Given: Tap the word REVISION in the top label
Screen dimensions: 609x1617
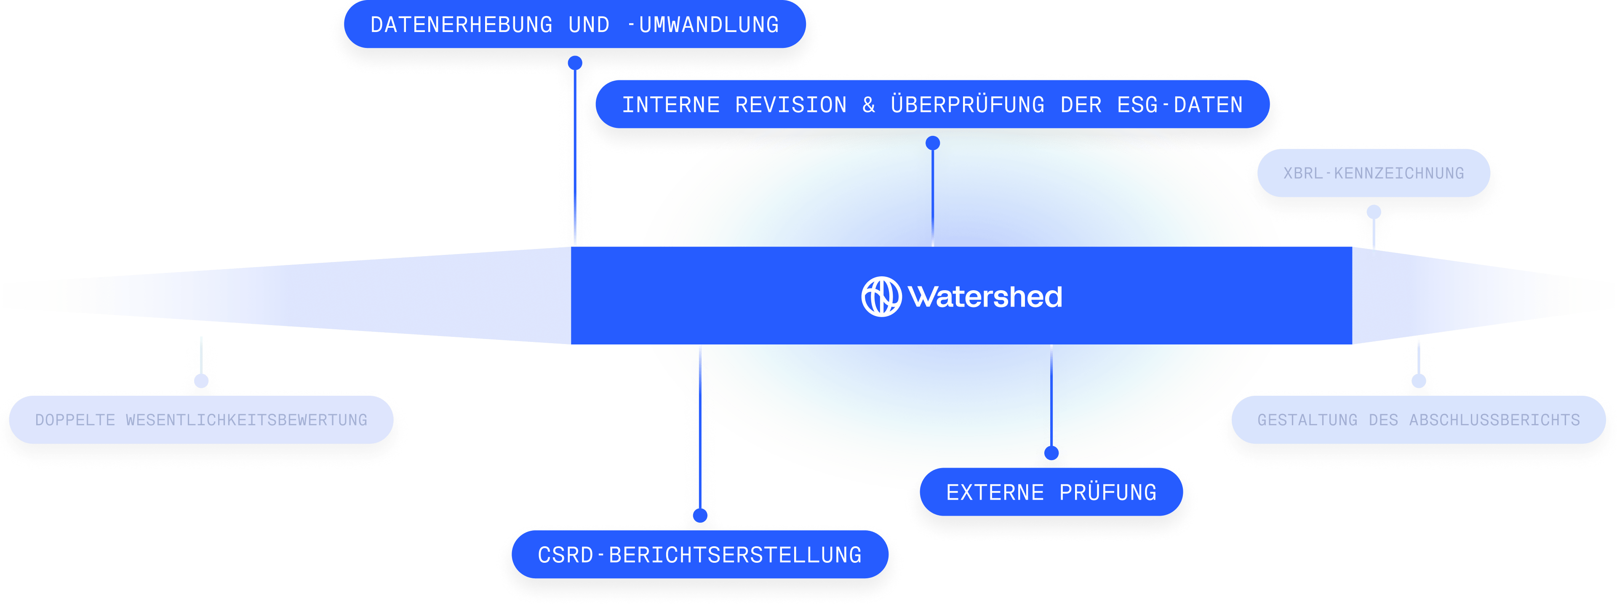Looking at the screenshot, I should coord(791,105).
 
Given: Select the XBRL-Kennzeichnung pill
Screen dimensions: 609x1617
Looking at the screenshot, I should coord(1374,173).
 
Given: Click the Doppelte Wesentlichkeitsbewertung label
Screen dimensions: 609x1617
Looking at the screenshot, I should coord(201,420).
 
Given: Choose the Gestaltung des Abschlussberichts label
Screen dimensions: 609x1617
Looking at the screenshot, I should coord(1419,420).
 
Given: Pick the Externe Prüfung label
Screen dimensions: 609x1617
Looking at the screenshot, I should coord(1051,492).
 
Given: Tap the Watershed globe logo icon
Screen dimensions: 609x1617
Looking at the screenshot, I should coord(881,297).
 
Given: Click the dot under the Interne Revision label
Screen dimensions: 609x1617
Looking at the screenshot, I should coord(933,143).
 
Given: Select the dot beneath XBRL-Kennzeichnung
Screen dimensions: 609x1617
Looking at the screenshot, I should coord(1374,212).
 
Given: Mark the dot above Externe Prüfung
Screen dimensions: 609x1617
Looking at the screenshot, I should coord(1051,453).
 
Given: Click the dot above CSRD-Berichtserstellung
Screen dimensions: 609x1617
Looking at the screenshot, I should coord(700,516).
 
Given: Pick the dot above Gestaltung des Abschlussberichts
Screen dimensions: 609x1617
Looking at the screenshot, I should coord(1419,381).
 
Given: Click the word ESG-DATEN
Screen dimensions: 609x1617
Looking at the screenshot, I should coord(1180,105).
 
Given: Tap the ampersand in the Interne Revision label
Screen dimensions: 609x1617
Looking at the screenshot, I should coord(869,105).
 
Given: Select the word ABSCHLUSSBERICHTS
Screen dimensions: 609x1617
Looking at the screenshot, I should coord(1494,420).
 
